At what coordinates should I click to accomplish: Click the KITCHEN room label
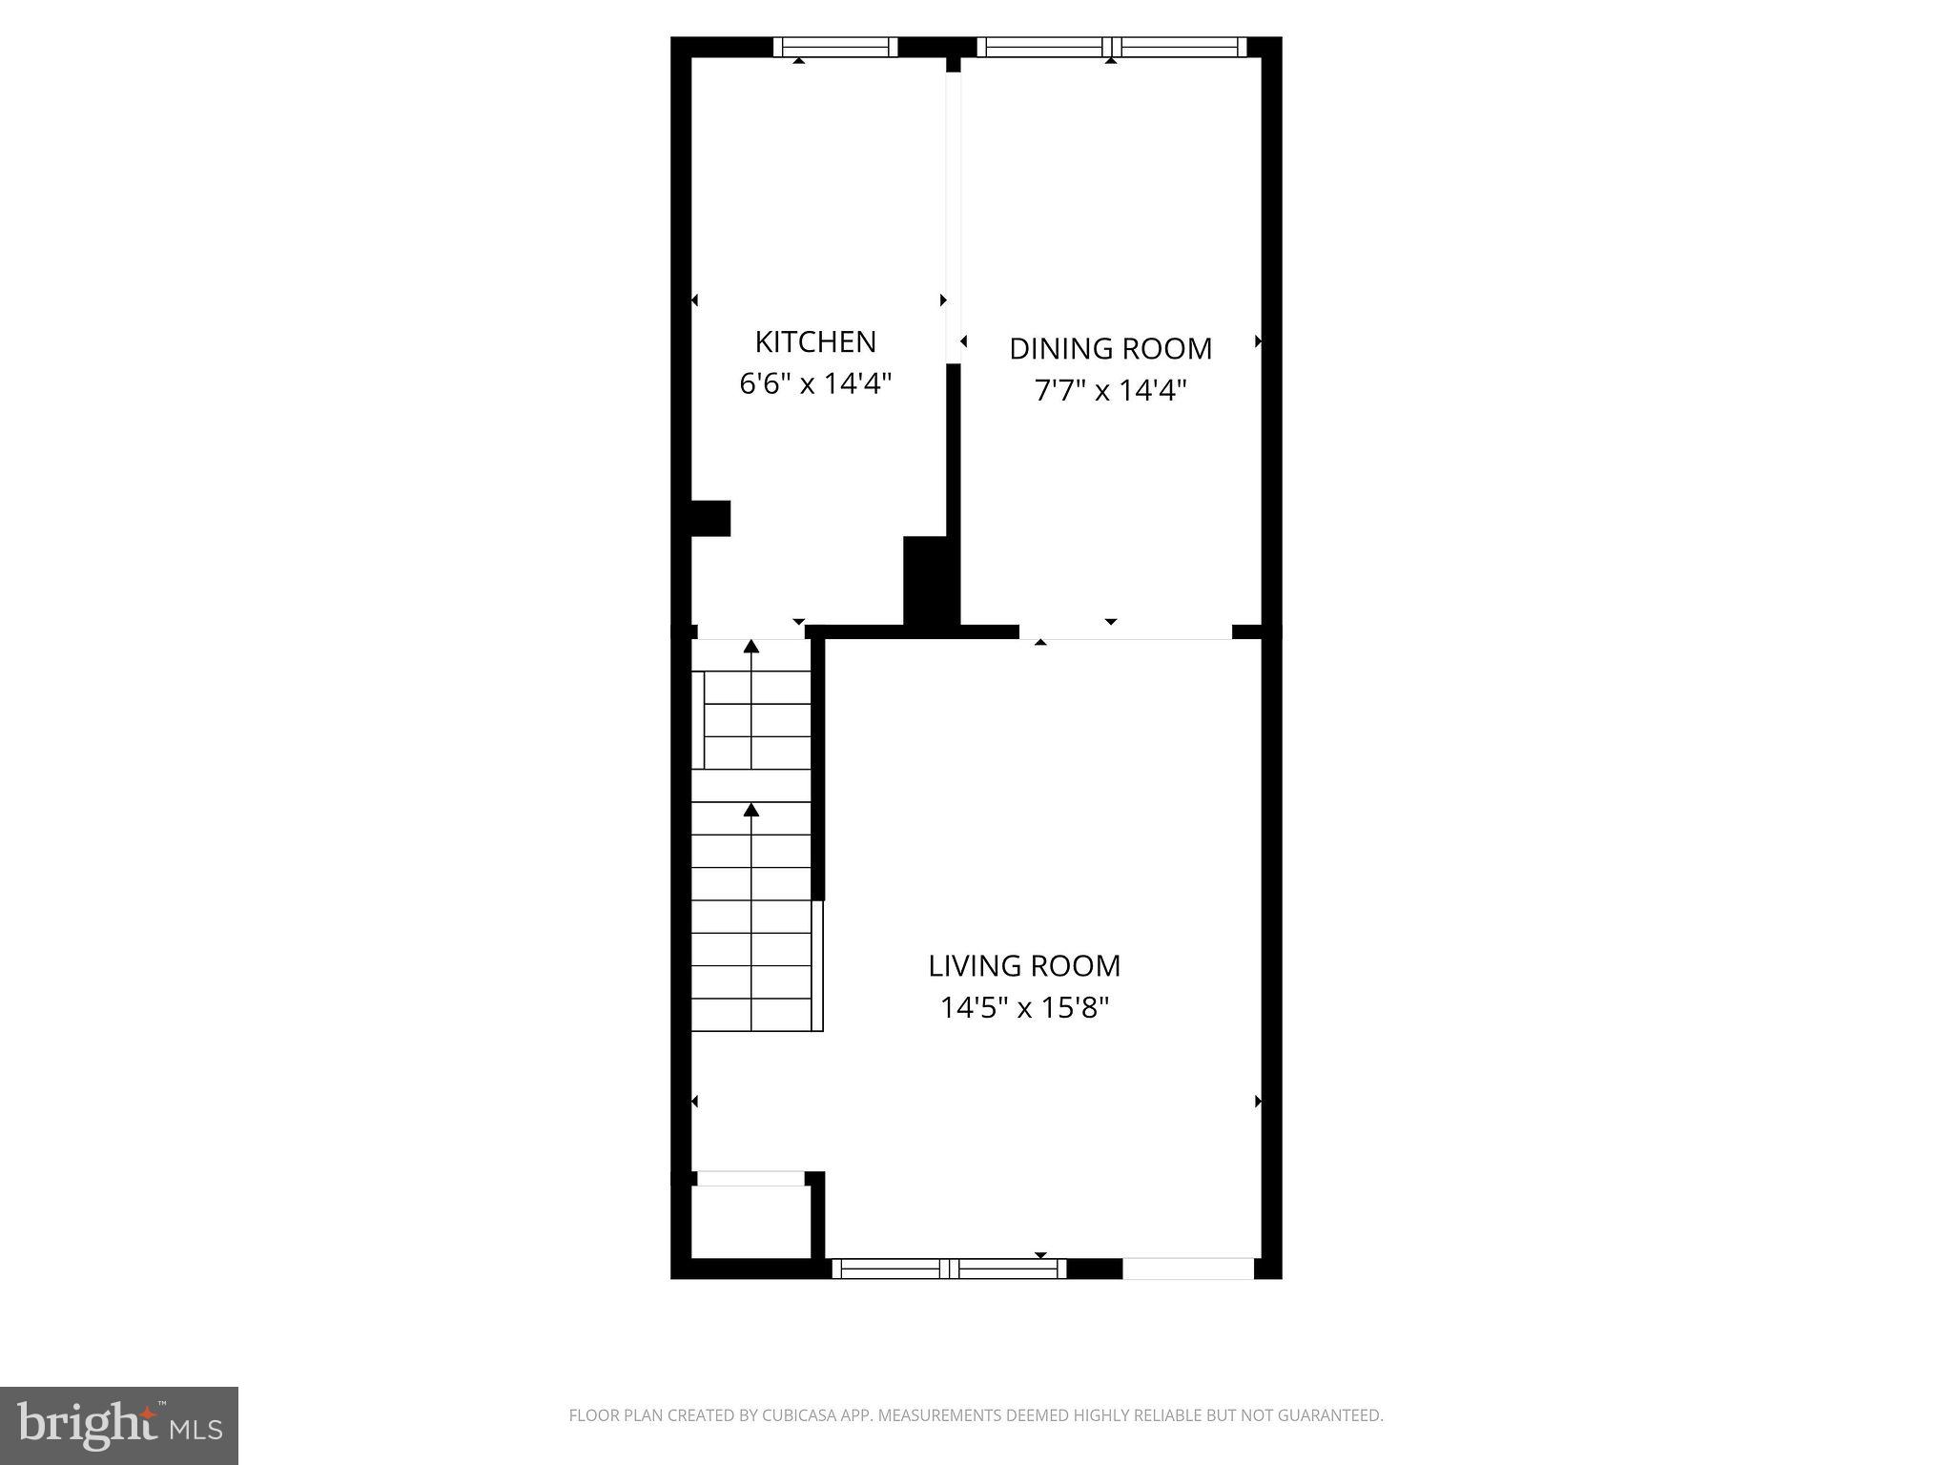tap(815, 341)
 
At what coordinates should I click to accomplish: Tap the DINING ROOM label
tap(1110, 349)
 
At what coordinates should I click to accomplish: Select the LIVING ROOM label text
tap(1024, 965)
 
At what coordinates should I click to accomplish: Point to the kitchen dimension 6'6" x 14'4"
tap(815, 384)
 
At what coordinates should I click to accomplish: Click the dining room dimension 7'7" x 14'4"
tap(1110, 391)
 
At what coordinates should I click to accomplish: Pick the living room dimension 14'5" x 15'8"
tap(1024, 1008)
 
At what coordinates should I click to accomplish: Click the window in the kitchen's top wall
tap(835, 47)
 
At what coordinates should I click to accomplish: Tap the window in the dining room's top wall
tap(1112, 47)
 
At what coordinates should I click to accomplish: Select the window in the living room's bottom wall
tap(949, 1269)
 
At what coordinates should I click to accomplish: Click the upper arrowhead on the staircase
tap(751, 647)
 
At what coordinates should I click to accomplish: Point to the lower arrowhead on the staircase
tap(751, 810)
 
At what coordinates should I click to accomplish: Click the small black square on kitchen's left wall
tap(710, 518)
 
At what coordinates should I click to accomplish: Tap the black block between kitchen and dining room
tap(930, 582)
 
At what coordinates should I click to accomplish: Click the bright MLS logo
tap(119, 1425)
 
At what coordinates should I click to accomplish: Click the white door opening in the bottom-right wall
tap(1187, 1269)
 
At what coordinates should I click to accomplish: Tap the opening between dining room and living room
tap(1125, 631)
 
